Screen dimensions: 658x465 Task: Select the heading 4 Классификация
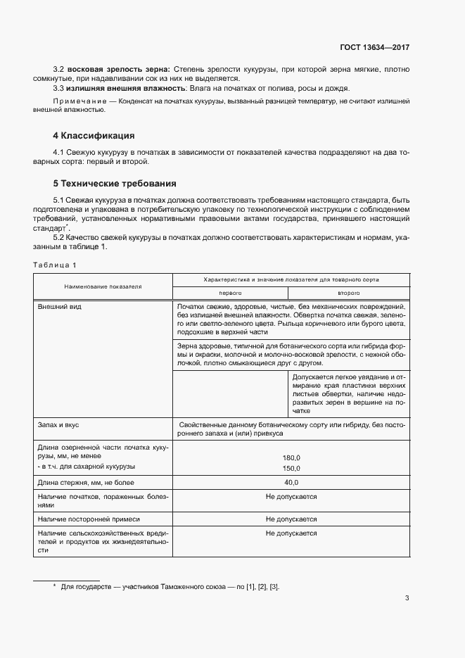point(94,135)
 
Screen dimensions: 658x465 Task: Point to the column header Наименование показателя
point(103,286)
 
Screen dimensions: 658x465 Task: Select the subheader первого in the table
point(230,292)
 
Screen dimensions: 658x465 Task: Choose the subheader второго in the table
point(348,292)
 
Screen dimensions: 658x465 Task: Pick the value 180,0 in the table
point(291,457)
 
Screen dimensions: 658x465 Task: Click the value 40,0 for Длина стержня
point(291,482)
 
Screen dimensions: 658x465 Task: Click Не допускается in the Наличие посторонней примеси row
point(291,519)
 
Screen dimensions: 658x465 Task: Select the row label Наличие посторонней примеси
point(89,519)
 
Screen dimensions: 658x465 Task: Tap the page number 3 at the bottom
point(407,599)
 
